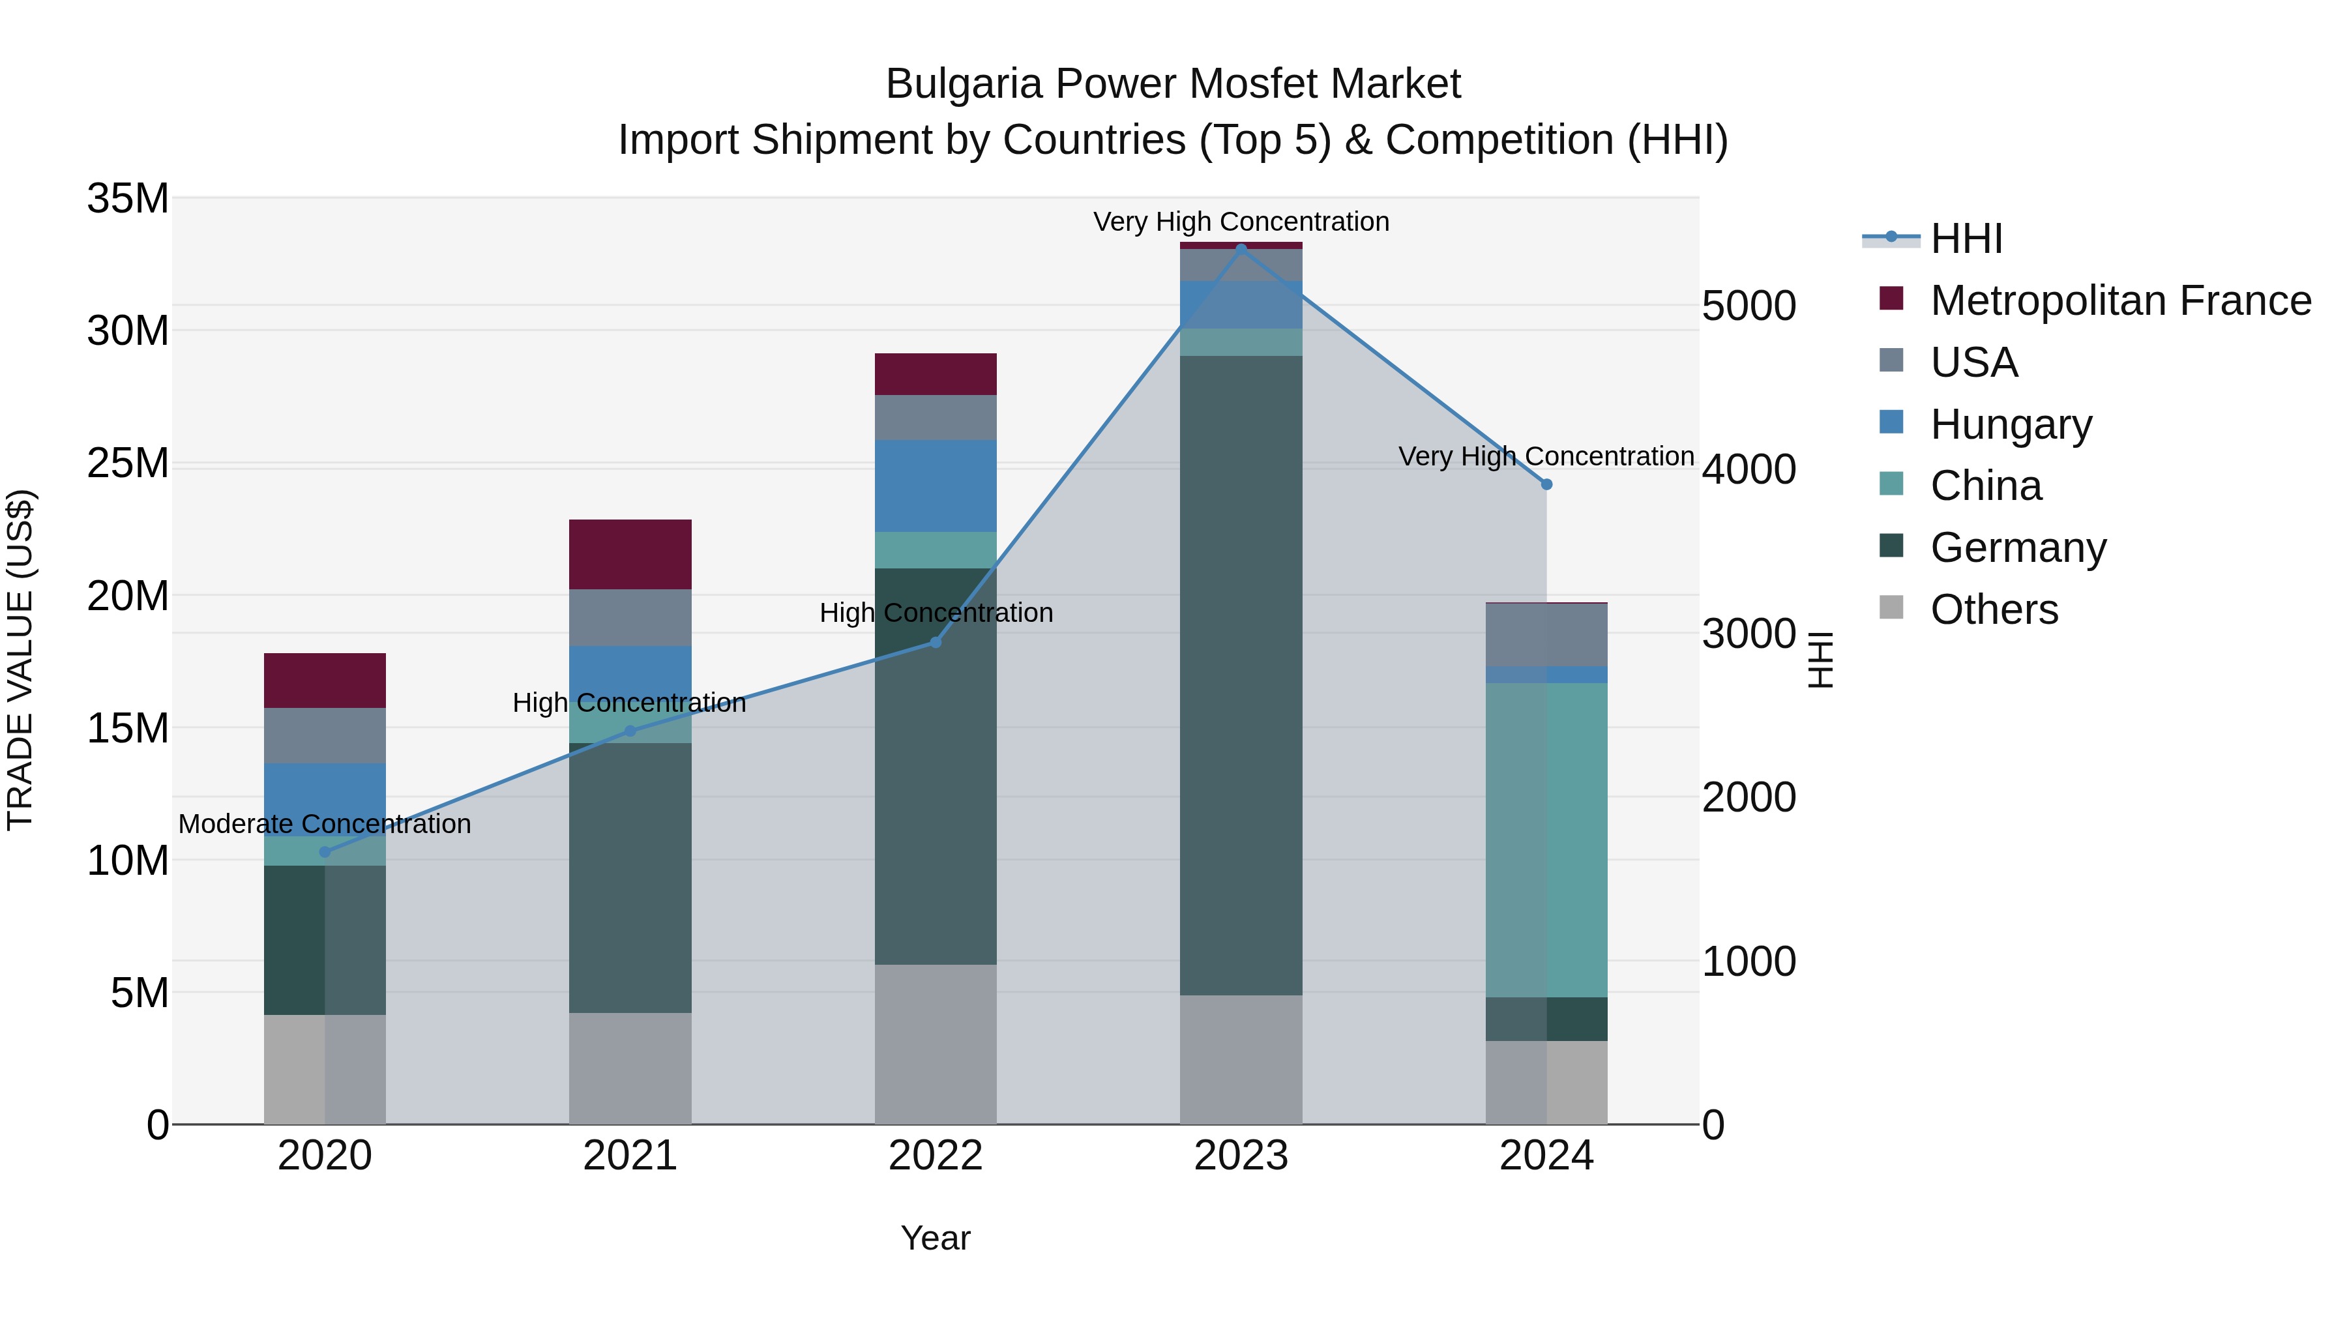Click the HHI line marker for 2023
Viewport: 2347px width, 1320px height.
click(x=1241, y=249)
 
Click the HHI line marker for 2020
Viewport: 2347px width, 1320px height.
click(x=325, y=852)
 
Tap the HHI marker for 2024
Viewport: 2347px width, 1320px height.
click(x=1546, y=484)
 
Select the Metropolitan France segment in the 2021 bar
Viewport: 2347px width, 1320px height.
click(x=630, y=554)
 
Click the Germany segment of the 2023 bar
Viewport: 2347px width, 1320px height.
click(x=1241, y=674)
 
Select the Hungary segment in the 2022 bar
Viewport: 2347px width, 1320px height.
click(x=935, y=486)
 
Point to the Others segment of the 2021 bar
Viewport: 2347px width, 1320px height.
click(x=630, y=1068)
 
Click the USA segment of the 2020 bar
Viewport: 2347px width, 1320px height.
click(x=325, y=735)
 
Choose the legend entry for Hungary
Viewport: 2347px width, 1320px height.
click(x=2010, y=424)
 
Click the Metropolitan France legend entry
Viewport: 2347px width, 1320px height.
click(x=2119, y=301)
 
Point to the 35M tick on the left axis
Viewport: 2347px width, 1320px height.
click(x=128, y=199)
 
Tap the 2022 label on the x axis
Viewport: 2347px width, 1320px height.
click(x=935, y=1156)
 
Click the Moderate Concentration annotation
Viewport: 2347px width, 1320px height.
click(x=325, y=823)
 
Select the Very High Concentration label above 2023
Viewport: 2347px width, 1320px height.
click(x=1241, y=222)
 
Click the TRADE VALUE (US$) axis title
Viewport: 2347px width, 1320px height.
click(x=20, y=660)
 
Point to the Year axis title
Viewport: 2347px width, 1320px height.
click(x=935, y=1238)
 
